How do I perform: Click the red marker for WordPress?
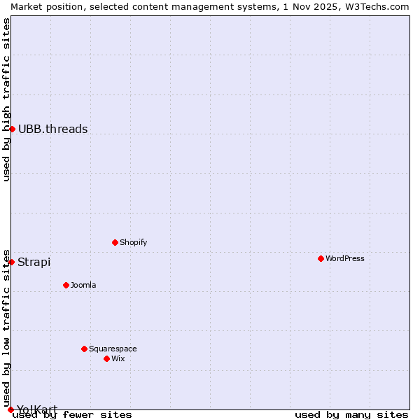tap(321, 258)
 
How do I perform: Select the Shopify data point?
tap(115, 242)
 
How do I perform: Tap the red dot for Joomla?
tap(66, 285)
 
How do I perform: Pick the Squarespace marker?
tap(84, 349)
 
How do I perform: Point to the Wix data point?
tap(106, 358)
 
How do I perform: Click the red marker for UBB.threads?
tap(12, 129)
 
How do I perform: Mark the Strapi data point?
tap(11, 262)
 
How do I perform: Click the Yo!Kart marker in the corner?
tap(10, 409)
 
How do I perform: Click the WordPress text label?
tap(344, 258)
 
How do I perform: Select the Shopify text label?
tap(133, 242)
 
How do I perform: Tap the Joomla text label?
tap(83, 285)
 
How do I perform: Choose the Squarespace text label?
tap(113, 349)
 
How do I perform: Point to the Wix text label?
tap(118, 358)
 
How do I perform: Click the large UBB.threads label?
tap(53, 129)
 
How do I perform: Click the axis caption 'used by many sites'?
tap(351, 414)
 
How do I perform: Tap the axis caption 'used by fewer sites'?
tap(73, 414)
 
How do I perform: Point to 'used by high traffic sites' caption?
tap(6, 99)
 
